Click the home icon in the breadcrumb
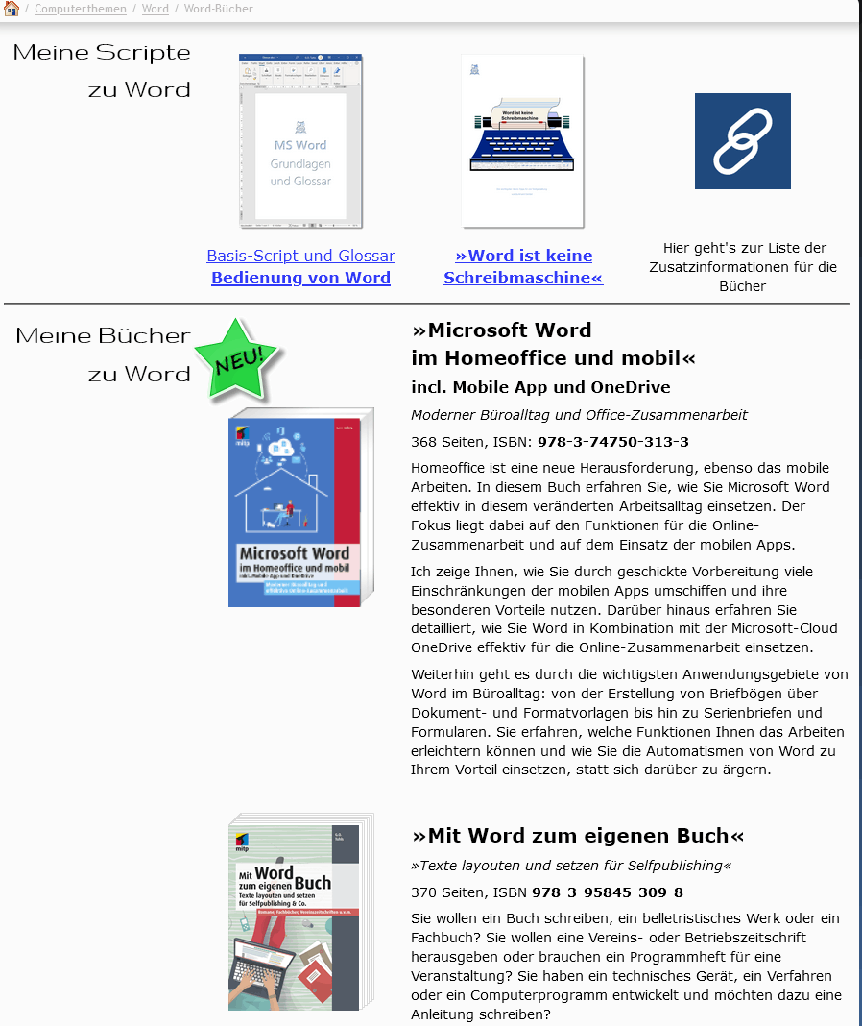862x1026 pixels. coord(12,9)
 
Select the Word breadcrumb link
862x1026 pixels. coord(155,9)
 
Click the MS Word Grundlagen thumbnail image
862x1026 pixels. coord(300,141)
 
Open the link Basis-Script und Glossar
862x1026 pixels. coord(300,256)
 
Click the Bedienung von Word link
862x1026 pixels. coord(300,278)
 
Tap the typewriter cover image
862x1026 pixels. coord(523,141)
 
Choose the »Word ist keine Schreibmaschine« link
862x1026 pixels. coord(523,266)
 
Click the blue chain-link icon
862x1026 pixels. coord(742,141)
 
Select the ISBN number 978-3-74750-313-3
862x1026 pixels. coord(612,442)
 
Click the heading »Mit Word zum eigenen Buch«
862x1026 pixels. coord(577,835)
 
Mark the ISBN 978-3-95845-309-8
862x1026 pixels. coord(607,892)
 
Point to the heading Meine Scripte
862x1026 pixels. coord(102,52)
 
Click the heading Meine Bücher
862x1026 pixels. coord(103,335)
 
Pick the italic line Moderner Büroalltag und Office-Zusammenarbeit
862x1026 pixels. coord(579,415)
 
